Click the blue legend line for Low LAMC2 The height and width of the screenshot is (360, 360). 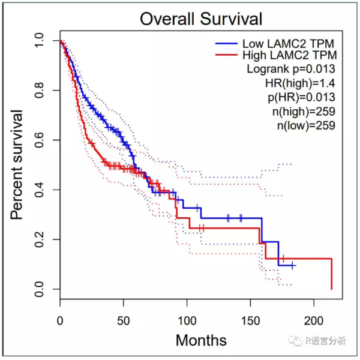click(x=226, y=43)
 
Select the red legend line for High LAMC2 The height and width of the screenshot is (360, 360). click(x=226, y=56)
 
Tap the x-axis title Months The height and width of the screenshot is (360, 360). click(x=201, y=341)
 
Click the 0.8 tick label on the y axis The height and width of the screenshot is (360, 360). click(x=39, y=91)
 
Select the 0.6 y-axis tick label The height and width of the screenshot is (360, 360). click(x=39, y=140)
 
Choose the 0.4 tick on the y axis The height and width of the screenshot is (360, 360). click(x=39, y=190)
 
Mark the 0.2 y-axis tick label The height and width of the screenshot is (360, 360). click(x=39, y=240)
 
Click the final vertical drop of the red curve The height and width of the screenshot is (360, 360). click(x=332, y=274)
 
